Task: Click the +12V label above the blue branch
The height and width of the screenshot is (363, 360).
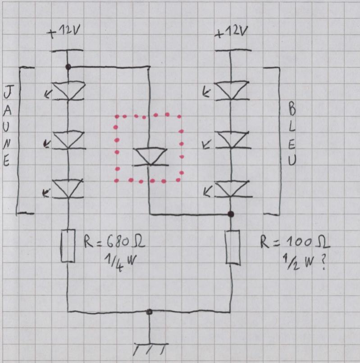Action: (231, 32)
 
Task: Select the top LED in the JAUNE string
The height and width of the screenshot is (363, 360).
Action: (68, 91)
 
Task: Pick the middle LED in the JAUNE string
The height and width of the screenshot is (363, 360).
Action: (68, 140)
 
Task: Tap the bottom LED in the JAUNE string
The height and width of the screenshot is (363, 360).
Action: (68, 189)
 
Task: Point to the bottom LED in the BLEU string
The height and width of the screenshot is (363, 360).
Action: (232, 189)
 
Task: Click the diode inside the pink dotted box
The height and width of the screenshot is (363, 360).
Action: (150, 157)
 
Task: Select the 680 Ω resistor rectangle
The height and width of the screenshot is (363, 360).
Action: (68, 245)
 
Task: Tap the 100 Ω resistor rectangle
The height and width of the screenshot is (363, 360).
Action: (232, 246)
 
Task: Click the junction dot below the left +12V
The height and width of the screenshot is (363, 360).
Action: (68, 67)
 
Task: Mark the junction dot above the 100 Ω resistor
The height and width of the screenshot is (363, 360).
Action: (231, 214)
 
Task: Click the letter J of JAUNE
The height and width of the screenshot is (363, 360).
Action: (7, 94)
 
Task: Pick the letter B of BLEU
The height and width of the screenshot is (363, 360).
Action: (292, 109)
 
